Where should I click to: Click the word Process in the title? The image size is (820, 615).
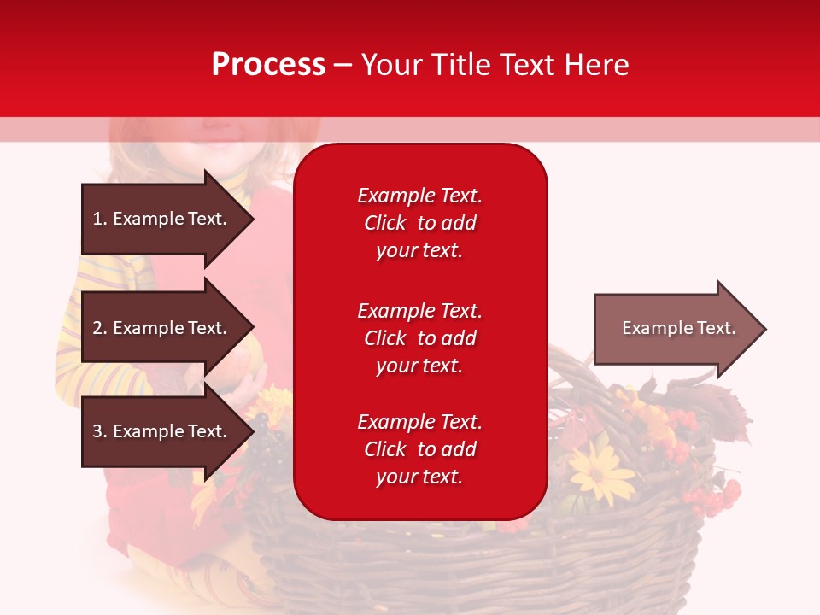(x=268, y=65)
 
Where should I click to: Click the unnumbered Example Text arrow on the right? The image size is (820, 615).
(x=678, y=328)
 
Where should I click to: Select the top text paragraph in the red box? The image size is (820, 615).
(x=419, y=223)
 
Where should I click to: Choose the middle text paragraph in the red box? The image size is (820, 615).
(x=419, y=338)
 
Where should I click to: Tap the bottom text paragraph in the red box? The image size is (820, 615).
(x=419, y=449)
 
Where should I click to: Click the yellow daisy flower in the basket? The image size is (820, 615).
(x=601, y=470)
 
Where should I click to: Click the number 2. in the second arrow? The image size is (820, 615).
(x=100, y=328)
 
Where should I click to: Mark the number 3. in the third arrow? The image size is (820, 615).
(x=100, y=431)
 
